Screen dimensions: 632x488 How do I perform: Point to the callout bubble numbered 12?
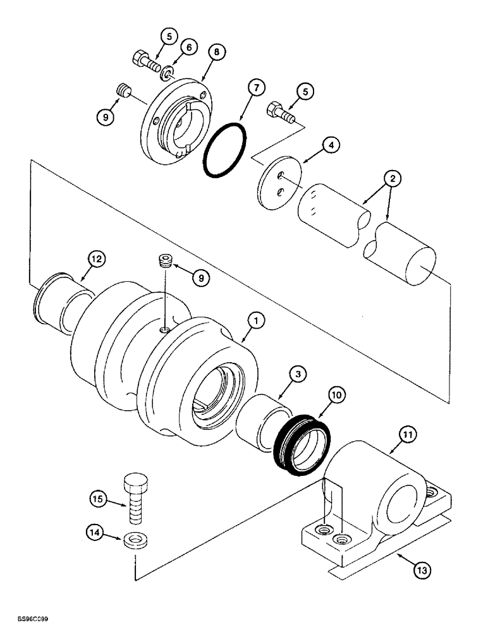pos(96,258)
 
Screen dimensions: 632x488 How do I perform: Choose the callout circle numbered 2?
pos(394,179)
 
